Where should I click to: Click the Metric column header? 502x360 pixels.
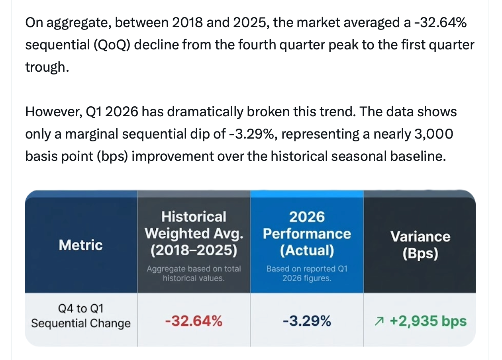81,245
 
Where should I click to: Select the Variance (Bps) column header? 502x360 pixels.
420,245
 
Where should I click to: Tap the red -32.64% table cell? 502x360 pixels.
194,321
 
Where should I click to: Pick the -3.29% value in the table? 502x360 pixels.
307,321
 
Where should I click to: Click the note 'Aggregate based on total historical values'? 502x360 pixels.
194,274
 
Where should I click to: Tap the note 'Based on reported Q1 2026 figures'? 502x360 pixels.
307,274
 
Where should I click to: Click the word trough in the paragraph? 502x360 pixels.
45,67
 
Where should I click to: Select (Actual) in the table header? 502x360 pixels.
307,250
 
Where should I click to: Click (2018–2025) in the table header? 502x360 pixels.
194,250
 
